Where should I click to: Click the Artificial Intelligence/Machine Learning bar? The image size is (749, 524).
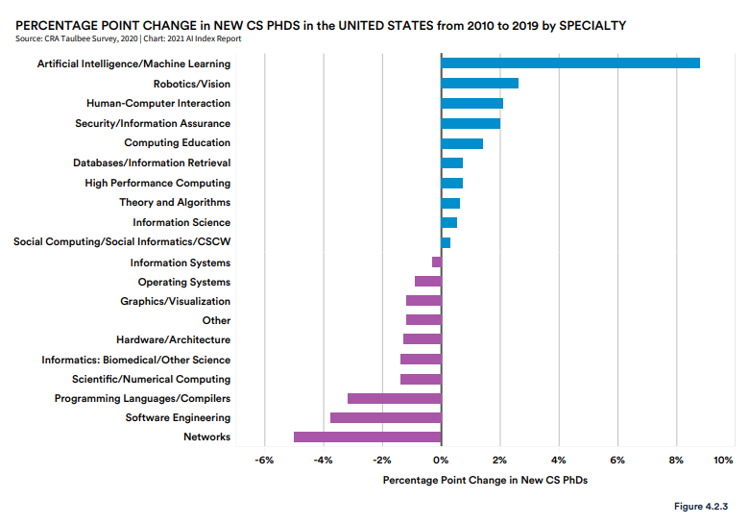coord(570,63)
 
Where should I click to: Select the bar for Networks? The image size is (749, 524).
coord(368,437)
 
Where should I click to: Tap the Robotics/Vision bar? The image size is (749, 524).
coord(479,84)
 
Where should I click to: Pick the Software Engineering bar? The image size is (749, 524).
coord(386,417)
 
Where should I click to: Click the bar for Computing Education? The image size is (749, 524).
coord(462,143)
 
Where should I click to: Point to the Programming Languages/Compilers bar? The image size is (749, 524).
coord(395,398)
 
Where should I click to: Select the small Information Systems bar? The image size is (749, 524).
coord(437,262)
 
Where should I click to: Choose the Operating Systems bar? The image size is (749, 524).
coord(428,282)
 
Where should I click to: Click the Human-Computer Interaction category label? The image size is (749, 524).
coord(158,103)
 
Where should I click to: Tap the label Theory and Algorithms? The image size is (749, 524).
coord(175,203)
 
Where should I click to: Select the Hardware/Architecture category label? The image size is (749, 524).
coord(174,340)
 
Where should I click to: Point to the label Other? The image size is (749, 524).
coord(216,320)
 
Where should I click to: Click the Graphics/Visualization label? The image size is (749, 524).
coord(176,301)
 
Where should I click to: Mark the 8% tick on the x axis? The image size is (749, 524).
coord(676,461)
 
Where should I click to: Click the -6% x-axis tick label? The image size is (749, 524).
coord(264,461)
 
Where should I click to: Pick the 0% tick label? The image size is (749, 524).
coord(441,461)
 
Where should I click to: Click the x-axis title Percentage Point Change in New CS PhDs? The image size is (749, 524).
coord(485,480)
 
